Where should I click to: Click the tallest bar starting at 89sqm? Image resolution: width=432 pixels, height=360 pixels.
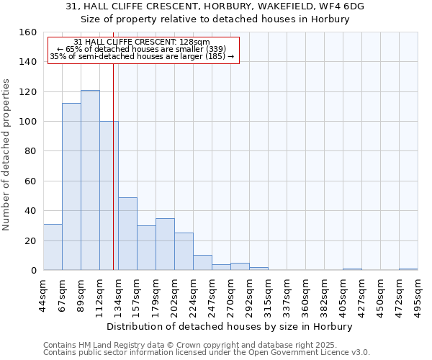pyautogui.click(x=90, y=180)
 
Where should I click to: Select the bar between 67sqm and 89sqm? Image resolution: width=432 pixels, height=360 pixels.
pyautogui.click(x=71, y=186)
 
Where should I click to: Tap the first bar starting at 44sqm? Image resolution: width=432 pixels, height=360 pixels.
pyautogui.click(x=53, y=247)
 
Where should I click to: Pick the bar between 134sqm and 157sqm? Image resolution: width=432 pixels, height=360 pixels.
pyautogui.click(x=127, y=233)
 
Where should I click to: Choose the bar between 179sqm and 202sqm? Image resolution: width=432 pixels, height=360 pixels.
pyautogui.click(x=165, y=244)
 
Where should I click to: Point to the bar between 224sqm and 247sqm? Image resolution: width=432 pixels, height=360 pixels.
pyautogui.click(x=202, y=263)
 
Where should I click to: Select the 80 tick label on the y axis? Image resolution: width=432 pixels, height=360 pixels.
pyautogui.click(x=30, y=151)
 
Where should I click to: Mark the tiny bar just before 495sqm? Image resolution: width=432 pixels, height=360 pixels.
pyautogui.click(x=408, y=269)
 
